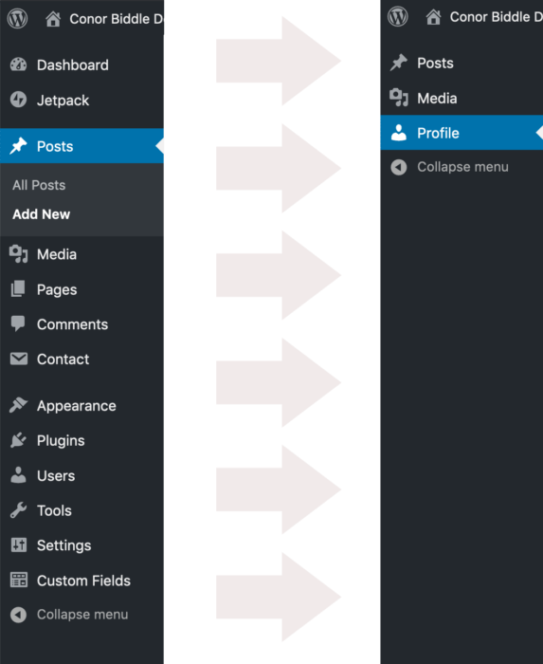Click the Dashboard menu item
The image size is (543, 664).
pyautogui.click(x=73, y=65)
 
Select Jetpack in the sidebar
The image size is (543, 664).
pyautogui.click(x=63, y=101)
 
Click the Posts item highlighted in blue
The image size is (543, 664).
pyautogui.click(x=55, y=146)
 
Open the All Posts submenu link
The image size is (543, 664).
pyautogui.click(x=39, y=185)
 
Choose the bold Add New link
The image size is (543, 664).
pyautogui.click(x=41, y=214)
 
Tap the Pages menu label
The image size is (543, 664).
pyautogui.click(x=57, y=289)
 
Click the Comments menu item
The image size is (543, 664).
pyautogui.click(x=72, y=324)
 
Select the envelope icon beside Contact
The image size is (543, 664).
pyautogui.click(x=19, y=359)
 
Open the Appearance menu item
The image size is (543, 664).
pyautogui.click(x=76, y=406)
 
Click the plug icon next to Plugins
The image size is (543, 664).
pyautogui.click(x=18, y=440)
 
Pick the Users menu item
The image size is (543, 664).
pyautogui.click(x=56, y=475)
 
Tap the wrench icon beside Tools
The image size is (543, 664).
pyautogui.click(x=18, y=510)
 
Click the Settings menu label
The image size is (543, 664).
pyautogui.click(x=63, y=545)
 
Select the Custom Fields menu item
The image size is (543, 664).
pyautogui.click(x=83, y=581)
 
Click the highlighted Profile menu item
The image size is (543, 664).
pyautogui.click(x=438, y=133)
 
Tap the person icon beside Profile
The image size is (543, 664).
pyautogui.click(x=398, y=133)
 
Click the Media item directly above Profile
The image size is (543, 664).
pyautogui.click(x=437, y=99)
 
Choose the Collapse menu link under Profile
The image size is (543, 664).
pyautogui.click(x=462, y=167)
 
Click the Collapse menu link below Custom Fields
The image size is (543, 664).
pyautogui.click(x=82, y=615)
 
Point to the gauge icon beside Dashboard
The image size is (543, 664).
pyautogui.click(x=18, y=65)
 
